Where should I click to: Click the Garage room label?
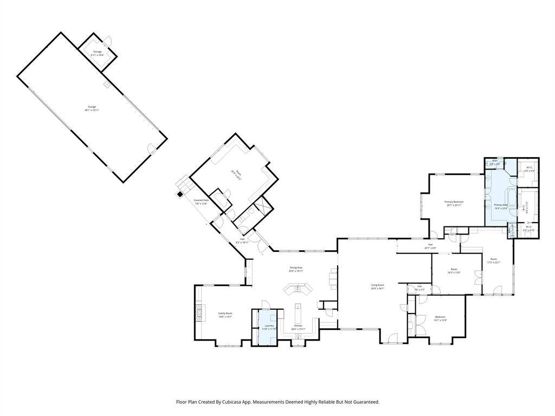click(x=92, y=108)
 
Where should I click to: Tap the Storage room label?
click(x=97, y=53)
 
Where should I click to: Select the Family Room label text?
click(x=225, y=315)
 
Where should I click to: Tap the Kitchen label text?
click(x=298, y=327)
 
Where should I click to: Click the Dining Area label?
click(x=296, y=269)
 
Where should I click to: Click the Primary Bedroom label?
click(x=454, y=203)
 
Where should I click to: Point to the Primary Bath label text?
click(x=500, y=206)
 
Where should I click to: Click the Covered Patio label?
click(x=201, y=201)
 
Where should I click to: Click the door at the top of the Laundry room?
click(x=266, y=305)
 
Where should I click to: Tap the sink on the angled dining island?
click(x=298, y=289)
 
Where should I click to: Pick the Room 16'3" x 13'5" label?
click(x=454, y=271)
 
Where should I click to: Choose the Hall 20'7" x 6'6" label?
click(x=430, y=246)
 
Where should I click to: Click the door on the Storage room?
click(x=108, y=41)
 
